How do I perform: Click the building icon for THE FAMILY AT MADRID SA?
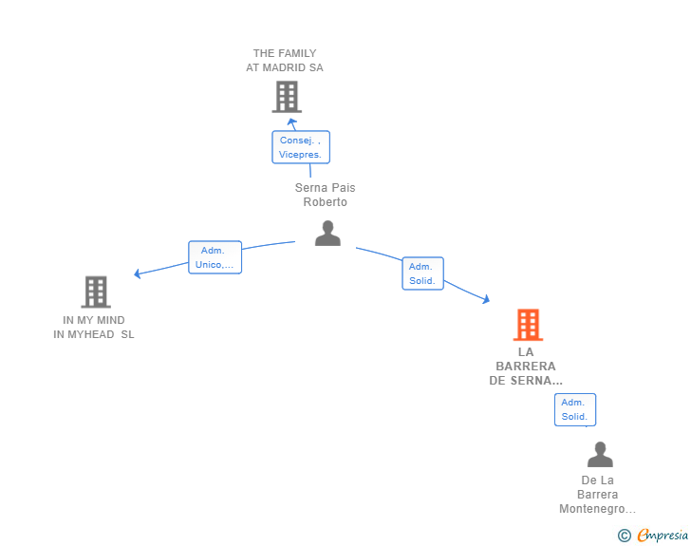(287, 97)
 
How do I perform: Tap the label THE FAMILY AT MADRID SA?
(285, 61)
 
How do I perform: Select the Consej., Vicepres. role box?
(301, 147)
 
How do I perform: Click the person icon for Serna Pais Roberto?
(327, 233)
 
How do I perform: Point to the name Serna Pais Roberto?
(326, 195)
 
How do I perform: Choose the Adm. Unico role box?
(215, 257)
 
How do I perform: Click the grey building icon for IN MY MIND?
(96, 292)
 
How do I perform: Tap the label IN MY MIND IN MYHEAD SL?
(93, 328)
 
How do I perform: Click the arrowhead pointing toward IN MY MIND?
(137, 273)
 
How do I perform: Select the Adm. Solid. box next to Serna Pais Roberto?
(422, 273)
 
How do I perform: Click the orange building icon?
(528, 325)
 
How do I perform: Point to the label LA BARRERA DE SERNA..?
(526, 367)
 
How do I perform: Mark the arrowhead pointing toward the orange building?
(486, 299)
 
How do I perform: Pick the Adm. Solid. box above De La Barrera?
(575, 409)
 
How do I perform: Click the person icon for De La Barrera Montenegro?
(600, 454)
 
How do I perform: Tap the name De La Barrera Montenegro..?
(598, 495)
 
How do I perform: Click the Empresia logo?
(663, 535)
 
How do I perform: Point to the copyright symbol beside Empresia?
(625, 536)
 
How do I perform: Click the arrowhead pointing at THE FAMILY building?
(291, 122)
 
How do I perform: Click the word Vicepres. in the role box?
(300, 155)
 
